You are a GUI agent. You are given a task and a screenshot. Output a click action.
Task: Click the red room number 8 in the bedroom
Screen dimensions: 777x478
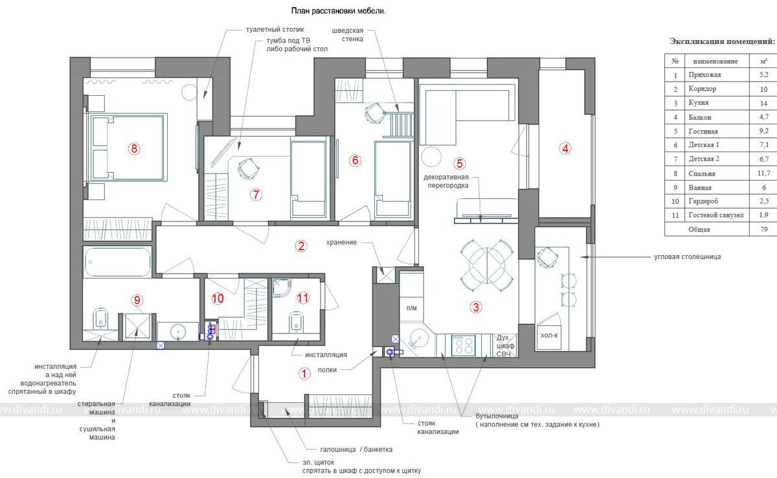[x=134, y=149]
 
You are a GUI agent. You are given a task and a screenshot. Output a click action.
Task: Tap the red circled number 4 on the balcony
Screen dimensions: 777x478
[x=565, y=148]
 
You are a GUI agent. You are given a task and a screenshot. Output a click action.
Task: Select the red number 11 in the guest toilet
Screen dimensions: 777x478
[x=303, y=298]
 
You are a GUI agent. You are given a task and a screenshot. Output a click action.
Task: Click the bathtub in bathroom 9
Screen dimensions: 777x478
[x=118, y=262]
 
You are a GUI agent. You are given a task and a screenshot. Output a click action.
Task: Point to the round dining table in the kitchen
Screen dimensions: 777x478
[x=487, y=266]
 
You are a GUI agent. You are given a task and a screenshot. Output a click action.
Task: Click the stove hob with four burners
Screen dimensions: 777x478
[x=464, y=345]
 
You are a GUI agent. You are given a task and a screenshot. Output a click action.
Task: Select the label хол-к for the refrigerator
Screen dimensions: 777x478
[x=549, y=336]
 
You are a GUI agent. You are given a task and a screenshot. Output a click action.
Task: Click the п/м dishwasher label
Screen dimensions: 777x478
[x=411, y=308]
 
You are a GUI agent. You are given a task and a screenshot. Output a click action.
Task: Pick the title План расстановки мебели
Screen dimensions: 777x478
[x=338, y=11]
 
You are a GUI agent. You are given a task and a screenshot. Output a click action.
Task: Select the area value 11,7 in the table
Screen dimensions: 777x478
[x=764, y=173]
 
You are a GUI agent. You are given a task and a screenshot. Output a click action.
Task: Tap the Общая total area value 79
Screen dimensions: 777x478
[x=764, y=229]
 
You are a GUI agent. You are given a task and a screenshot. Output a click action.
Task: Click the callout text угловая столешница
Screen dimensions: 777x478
[x=687, y=256]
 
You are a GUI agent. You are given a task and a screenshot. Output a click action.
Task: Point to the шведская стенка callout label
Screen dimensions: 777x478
[x=348, y=35]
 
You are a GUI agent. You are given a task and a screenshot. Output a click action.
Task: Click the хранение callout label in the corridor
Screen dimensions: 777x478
[x=341, y=242]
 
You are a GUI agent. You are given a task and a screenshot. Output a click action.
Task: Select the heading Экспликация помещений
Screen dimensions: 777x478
[x=722, y=41]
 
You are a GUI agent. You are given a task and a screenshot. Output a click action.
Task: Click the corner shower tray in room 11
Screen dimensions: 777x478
[x=281, y=288]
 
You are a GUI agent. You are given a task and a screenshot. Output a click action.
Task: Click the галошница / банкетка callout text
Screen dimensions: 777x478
[x=356, y=450]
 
